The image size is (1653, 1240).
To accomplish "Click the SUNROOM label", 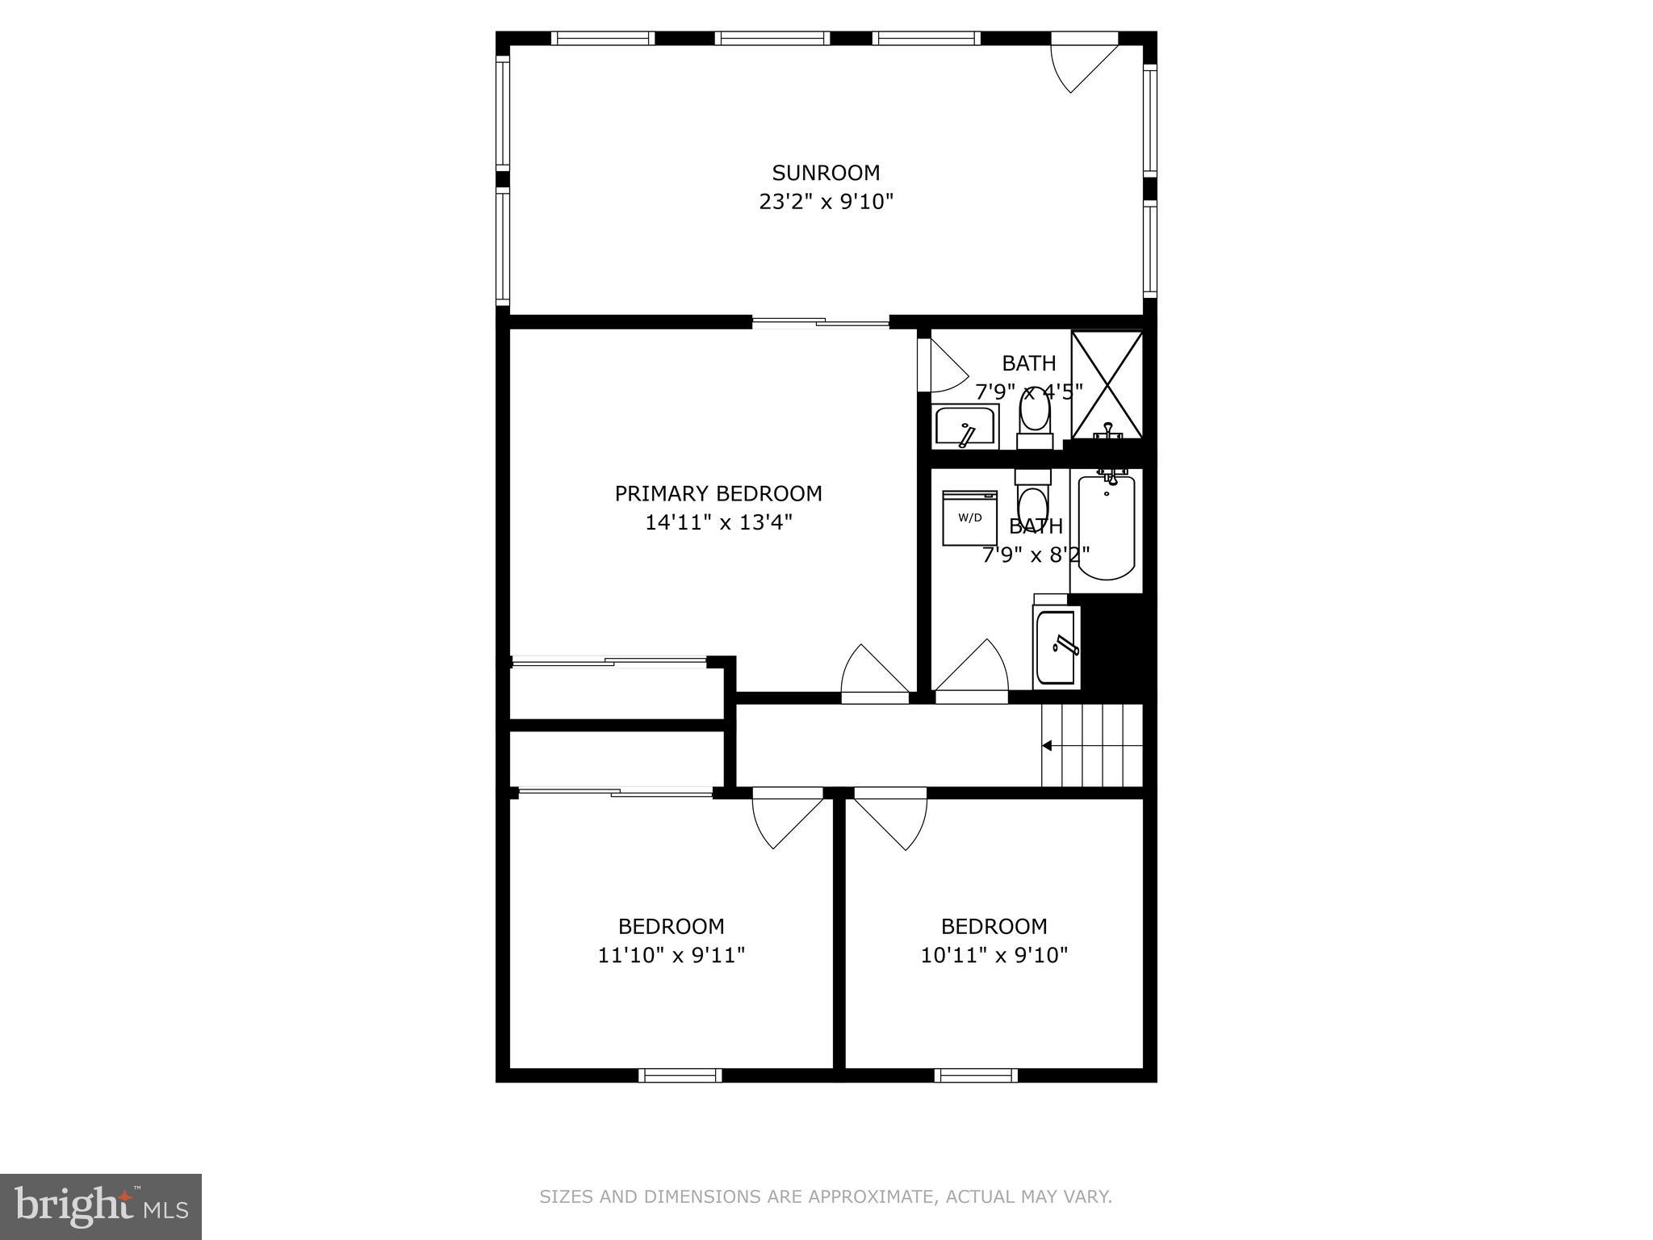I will [825, 173].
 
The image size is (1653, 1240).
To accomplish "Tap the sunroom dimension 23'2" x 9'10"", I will [825, 202].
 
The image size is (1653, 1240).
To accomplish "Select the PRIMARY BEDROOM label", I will [718, 493].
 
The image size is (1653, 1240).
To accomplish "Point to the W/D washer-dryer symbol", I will [969, 517].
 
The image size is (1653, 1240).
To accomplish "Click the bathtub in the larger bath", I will [1106, 529].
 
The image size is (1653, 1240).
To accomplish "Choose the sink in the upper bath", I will [965, 426].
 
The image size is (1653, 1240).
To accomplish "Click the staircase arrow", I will [1048, 745].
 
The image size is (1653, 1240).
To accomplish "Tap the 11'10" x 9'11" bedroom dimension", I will [671, 956].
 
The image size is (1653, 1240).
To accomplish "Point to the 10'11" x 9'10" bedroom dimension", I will [994, 956].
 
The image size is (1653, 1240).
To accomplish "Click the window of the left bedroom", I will [680, 1075].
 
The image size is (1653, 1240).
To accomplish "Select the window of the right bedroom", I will [976, 1075].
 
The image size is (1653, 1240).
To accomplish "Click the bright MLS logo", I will [101, 1205].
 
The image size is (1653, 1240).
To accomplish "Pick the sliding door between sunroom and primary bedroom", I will [820, 322].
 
